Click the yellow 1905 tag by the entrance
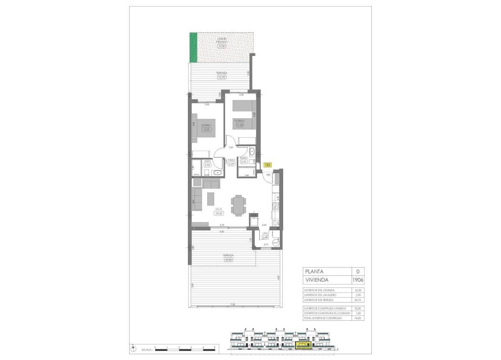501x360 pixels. click(x=268, y=165)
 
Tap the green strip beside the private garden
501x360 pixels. click(x=193, y=48)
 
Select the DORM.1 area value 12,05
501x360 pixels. click(x=206, y=130)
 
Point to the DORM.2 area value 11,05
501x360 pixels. click(x=239, y=125)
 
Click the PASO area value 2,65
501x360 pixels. click(x=231, y=164)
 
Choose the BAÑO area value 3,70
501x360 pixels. click(x=243, y=162)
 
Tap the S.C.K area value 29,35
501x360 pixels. click(x=218, y=213)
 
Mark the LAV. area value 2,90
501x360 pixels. click(x=265, y=237)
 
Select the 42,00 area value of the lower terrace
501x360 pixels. click(x=228, y=259)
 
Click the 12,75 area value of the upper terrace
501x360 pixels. click(x=222, y=77)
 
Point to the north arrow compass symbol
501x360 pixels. click(x=134, y=349)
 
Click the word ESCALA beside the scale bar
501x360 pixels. click(x=147, y=351)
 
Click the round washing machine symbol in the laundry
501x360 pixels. click(x=275, y=243)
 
